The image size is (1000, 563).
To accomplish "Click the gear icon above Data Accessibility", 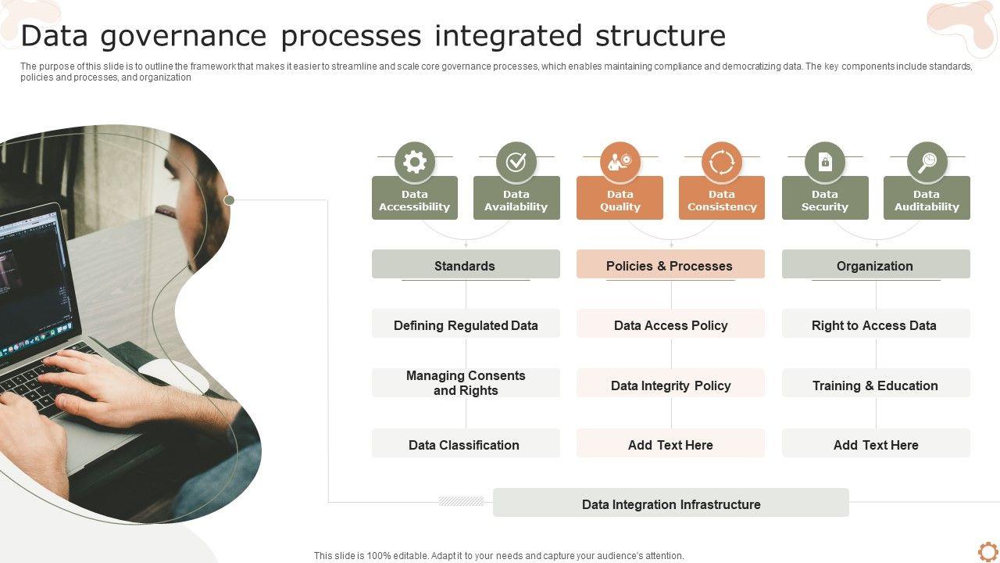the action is click(x=415, y=162).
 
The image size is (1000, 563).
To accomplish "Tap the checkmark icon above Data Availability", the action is click(x=516, y=162).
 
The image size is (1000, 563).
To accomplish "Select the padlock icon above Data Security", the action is click(x=825, y=162).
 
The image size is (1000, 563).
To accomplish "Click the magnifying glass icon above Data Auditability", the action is click(x=927, y=162).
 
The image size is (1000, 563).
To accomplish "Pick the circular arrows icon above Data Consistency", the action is click(x=722, y=162).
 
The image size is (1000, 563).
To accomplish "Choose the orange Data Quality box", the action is click(x=620, y=198).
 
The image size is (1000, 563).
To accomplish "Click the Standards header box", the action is click(x=466, y=265).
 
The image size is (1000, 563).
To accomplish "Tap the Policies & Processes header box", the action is click(x=670, y=265).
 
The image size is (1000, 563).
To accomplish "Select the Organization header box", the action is click(x=876, y=265).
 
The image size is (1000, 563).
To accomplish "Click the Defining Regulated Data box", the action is click(x=466, y=325).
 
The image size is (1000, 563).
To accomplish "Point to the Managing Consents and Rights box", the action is click(x=466, y=383).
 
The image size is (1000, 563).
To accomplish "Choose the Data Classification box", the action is click(x=466, y=444).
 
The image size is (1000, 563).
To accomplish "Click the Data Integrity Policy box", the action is click(x=670, y=385).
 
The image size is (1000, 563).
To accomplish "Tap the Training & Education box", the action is click(x=876, y=385).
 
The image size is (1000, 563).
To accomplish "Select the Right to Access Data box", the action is click(x=876, y=325).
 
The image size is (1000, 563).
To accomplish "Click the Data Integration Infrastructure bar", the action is click(x=670, y=504).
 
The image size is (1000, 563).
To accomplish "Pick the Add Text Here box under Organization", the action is click(x=876, y=444).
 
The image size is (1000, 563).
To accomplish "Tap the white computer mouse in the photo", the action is click(x=175, y=375).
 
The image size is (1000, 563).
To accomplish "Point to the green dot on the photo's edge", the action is click(x=229, y=200).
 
